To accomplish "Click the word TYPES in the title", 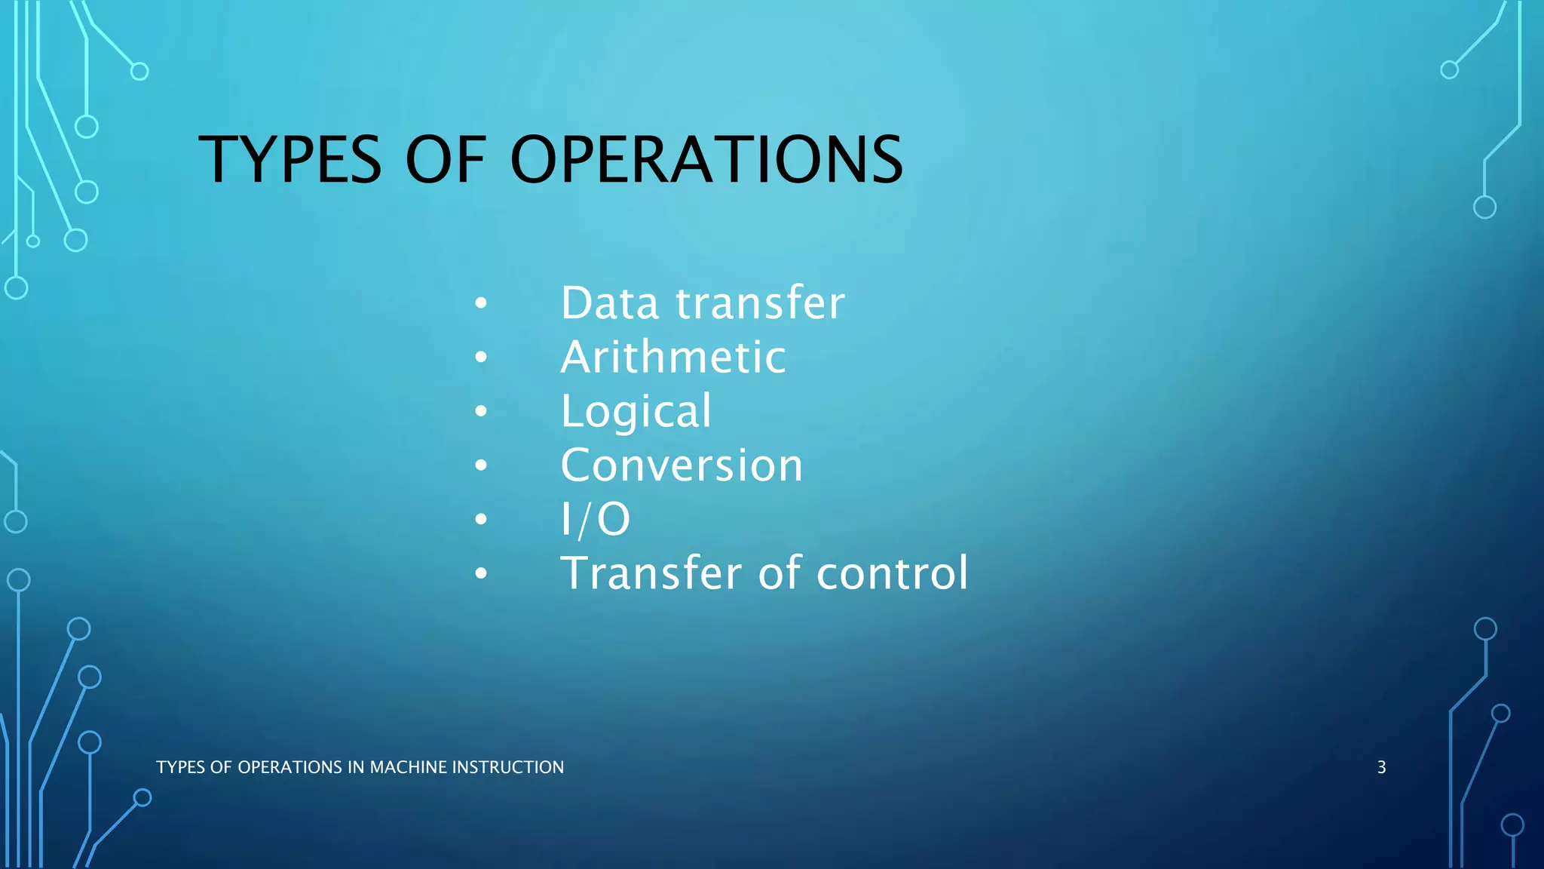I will [x=290, y=160].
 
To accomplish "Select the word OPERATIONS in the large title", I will [x=706, y=160].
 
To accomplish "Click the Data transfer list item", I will [x=702, y=303].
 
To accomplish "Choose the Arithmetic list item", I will [x=673, y=357].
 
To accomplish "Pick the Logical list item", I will [x=636, y=412].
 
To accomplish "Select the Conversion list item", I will [x=682, y=465].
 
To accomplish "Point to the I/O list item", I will [x=595, y=520].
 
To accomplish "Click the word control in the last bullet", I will [x=892, y=573].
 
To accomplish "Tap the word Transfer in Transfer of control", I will [x=651, y=573].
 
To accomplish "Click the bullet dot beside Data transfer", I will [x=481, y=304].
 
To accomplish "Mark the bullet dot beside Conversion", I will [x=481, y=466].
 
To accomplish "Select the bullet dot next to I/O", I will [x=481, y=520].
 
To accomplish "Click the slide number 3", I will [x=1381, y=767].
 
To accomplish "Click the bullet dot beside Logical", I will [x=481, y=412].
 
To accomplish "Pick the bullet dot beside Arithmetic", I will [x=481, y=358].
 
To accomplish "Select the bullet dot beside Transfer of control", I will [x=481, y=574].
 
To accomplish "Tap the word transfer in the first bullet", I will [x=760, y=303].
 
